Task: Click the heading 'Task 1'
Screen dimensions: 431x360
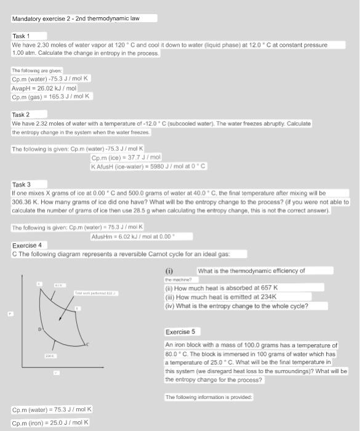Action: (x=21, y=36)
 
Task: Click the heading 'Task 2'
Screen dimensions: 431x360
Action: (x=21, y=115)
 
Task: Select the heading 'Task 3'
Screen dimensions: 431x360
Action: (x=21, y=184)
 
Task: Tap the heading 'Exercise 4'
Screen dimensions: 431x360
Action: (x=27, y=245)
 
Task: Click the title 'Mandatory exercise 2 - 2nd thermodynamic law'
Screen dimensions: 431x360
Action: (x=76, y=18)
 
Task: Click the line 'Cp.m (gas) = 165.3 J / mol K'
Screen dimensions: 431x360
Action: (x=52, y=97)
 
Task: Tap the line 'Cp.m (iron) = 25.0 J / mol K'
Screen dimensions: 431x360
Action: (x=51, y=422)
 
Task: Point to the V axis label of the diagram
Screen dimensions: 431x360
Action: (x=55, y=373)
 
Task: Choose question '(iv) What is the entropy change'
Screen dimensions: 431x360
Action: (x=237, y=305)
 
